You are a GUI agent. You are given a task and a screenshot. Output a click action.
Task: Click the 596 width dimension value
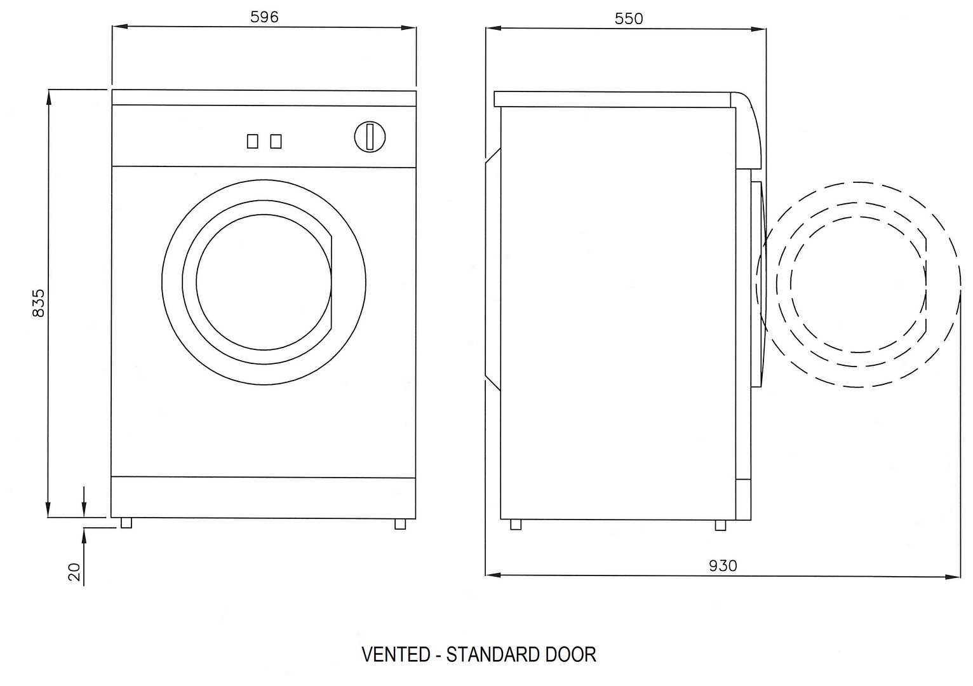[264, 17]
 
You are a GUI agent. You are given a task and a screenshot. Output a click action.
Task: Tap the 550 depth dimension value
[628, 18]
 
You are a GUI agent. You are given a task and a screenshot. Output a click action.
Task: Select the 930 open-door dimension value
[723, 565]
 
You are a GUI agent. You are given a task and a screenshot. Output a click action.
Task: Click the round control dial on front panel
[370, 137]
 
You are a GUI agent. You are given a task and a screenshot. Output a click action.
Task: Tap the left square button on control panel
[253, 141]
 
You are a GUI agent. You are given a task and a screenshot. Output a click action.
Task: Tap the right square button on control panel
[276, 141]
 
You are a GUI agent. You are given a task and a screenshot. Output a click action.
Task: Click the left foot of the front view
[126, 523]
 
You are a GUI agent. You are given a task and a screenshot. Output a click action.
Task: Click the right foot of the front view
[399, 523]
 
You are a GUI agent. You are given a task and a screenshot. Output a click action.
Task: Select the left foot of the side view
[516, 525]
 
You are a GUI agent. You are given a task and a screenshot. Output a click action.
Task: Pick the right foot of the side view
[720, 525]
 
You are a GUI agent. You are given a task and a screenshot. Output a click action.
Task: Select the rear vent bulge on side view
[492, 270]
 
